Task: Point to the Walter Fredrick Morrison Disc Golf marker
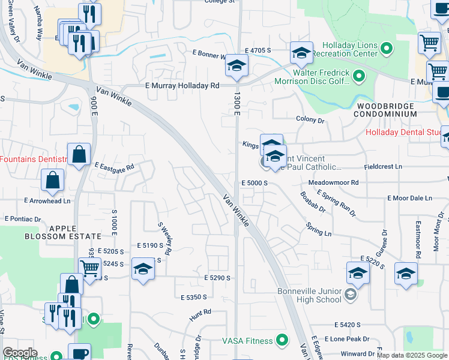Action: [359, 76]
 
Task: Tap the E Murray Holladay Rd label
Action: [182, 86]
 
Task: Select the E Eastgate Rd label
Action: [113, 166]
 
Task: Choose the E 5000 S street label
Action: [253, 182]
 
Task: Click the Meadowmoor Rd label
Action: [333, 182]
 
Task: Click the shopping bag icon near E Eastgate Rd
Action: [79, 155]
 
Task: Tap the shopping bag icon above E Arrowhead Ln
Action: [53, 180]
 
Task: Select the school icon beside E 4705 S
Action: [301, 53]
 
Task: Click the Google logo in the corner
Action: [20, 352]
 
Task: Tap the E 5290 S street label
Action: [217, 278]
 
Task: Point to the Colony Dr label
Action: [310, 119]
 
